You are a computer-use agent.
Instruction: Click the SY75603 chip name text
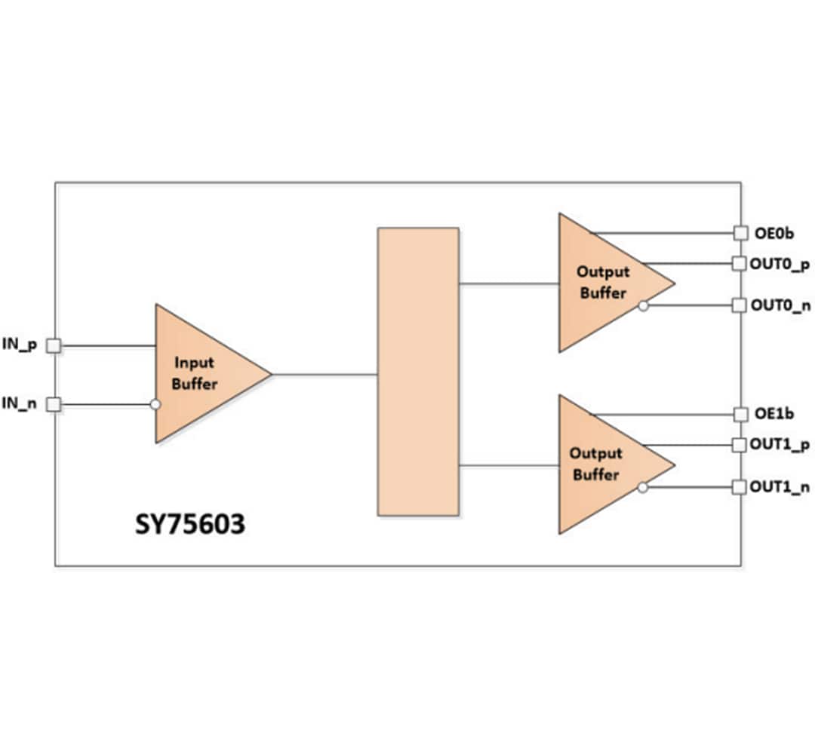pyautogui.click(x=190, y=524)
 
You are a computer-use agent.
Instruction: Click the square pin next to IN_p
pyautogui.click(x=54, y=345)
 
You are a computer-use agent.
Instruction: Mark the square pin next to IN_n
pyautogui.click(x=54, y=405)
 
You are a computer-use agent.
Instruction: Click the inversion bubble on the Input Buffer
pyautogui.click(x=155, y=405)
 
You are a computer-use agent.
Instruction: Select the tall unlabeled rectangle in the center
pyautogui.click(x=418, y=372)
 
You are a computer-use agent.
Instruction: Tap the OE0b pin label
pyautogui.click(x=773, y=233)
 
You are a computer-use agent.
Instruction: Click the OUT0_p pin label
pyautogui.click(x=780, y=264)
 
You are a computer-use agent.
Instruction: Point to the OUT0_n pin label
pyautogui.click(x=780, y=305)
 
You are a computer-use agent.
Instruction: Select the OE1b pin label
pyautogui.click(x=773, y=414)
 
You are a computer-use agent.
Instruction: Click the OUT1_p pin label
pyautogui.click(x=780, y=445)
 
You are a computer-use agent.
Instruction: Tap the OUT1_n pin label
pyautogui.click(x=780, y=487)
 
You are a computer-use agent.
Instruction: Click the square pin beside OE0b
pyautogui.click(x=740, y=233)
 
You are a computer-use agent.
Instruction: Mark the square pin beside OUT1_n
pyautogui.click(x=740, y=487)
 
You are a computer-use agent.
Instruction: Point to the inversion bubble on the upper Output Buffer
pyautogui.click(x=642, y=305)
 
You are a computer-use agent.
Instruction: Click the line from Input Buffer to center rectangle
pyautogui.click(x=324, y=374)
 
